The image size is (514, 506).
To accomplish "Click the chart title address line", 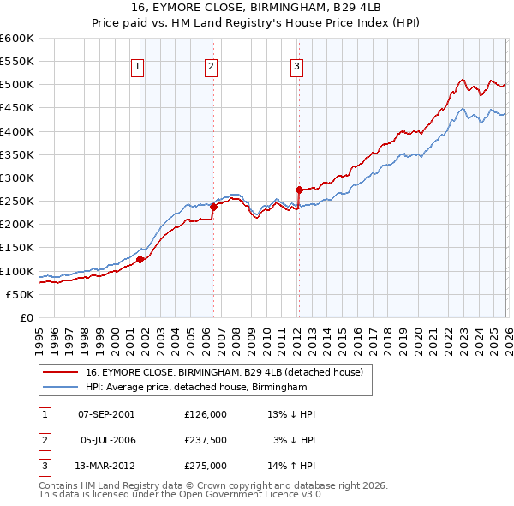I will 256,8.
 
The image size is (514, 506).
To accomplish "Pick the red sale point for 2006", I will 213,207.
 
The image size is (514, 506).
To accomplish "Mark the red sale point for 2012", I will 299,190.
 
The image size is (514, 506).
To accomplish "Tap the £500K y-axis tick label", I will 17,84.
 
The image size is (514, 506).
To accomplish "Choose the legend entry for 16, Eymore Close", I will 224,372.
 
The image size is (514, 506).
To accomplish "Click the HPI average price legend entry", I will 196,388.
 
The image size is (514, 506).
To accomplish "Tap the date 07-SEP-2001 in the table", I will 106,414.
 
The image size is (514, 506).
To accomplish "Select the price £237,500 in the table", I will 206,440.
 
